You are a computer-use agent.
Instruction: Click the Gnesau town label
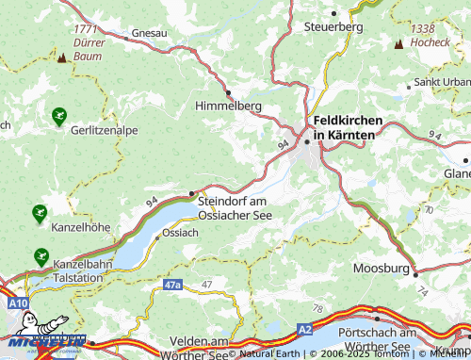(x=149, y=33)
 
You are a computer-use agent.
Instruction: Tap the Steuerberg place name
(x=333, y=27)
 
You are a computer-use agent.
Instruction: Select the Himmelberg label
(x=227, y=106)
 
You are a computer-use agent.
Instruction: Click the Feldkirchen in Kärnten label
(x=344, y=127)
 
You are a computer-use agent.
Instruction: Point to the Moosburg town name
(x=382, y=269)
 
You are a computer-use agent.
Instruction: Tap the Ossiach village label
(x=180, y=232)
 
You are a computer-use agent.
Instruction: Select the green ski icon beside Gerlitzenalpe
(x=59, y=117)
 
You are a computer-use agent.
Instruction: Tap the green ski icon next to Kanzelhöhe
(x=39, y=213)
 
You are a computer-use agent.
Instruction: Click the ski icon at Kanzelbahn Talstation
(x=41, y=255)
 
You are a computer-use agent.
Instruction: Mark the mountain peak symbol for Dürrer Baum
(x=62, y=57)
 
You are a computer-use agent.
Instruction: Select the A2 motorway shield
(x=304, y=328)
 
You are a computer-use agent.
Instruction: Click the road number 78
(x=317, y=308)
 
